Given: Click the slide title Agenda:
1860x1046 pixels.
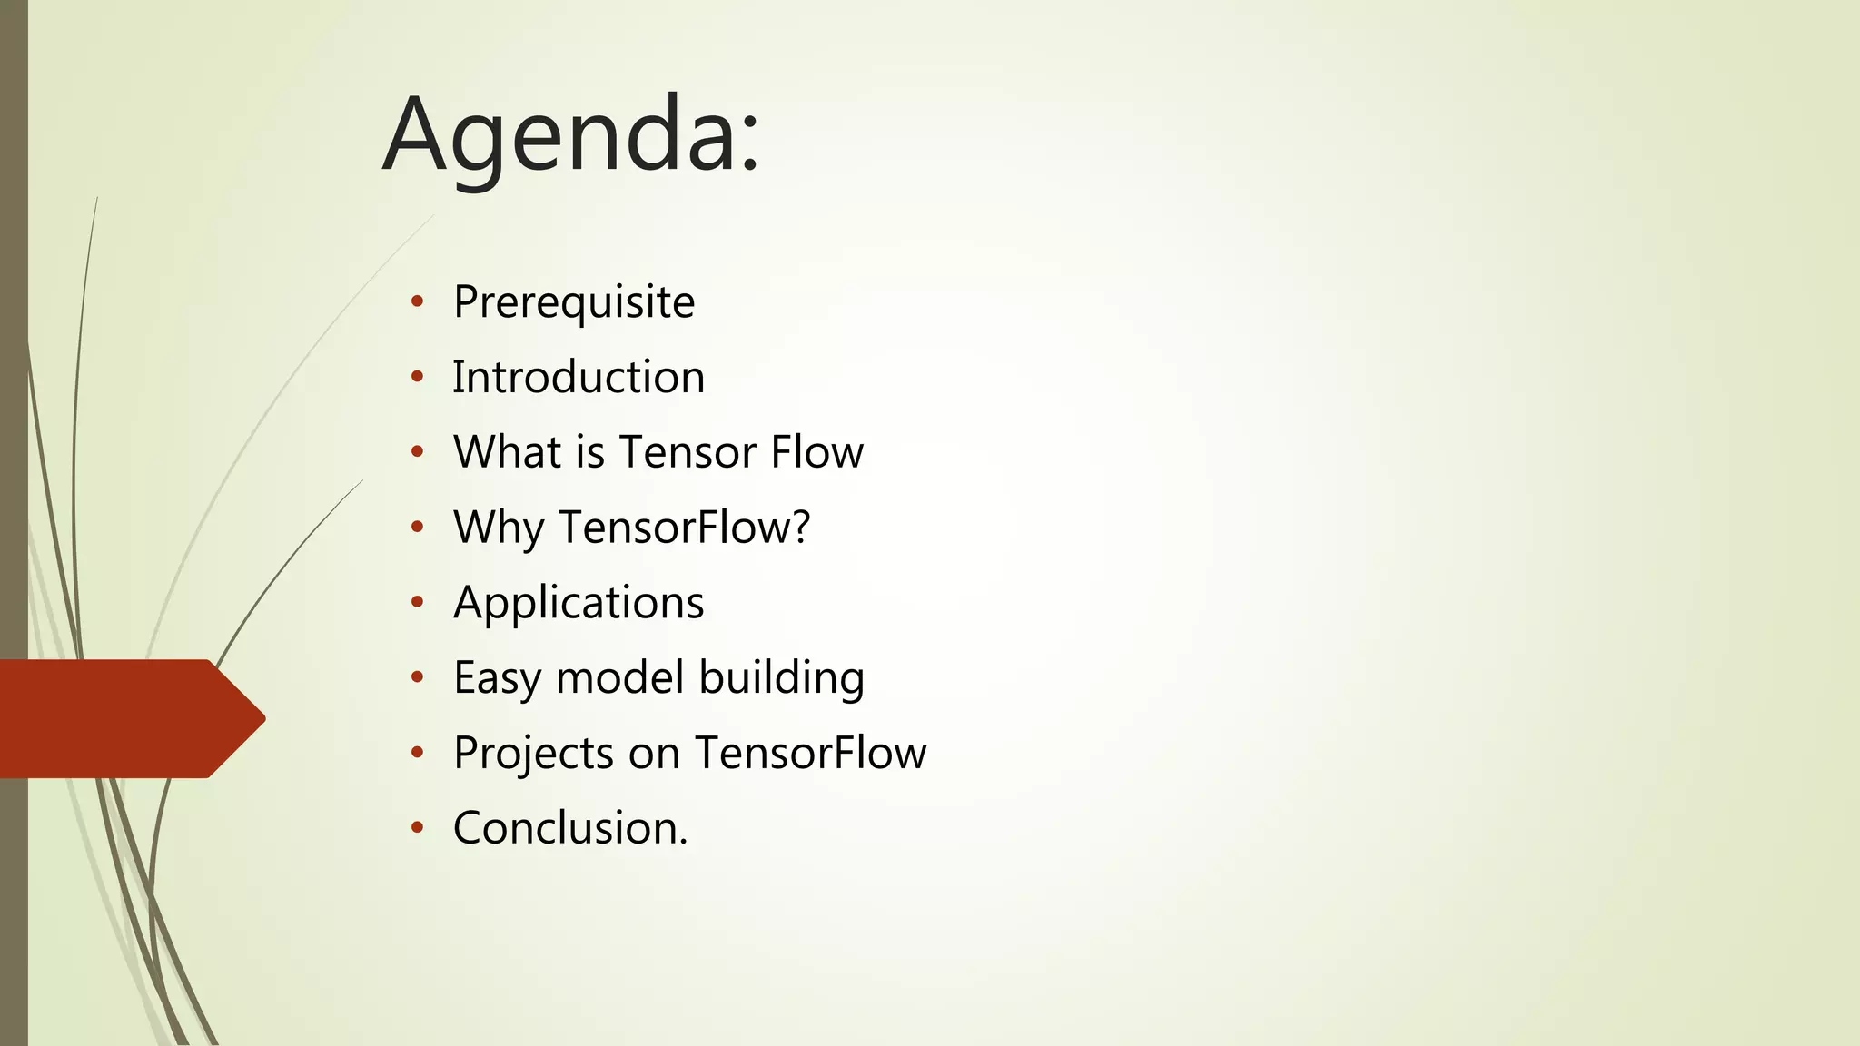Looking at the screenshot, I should [570, 136].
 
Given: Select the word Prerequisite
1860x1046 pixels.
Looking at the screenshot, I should [574, 302].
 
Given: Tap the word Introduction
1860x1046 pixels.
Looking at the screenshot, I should [579, 377].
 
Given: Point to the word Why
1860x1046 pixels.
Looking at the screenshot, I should [498, 528].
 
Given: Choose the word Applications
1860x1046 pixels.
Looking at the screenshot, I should [579, 603].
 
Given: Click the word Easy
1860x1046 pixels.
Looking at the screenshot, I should [497, 678].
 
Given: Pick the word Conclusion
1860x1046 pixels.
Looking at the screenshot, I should [569, 828].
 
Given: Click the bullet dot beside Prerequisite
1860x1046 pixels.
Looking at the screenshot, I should [417, 302].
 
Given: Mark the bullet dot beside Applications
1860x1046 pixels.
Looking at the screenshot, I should [417, 602].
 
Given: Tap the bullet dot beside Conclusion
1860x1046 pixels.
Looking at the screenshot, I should [417, 827].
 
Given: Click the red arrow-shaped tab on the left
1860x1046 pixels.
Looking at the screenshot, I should [127, 718].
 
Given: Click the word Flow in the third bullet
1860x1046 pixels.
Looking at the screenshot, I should [816, 452].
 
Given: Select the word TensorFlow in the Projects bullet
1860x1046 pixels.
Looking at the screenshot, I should [810, 753].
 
